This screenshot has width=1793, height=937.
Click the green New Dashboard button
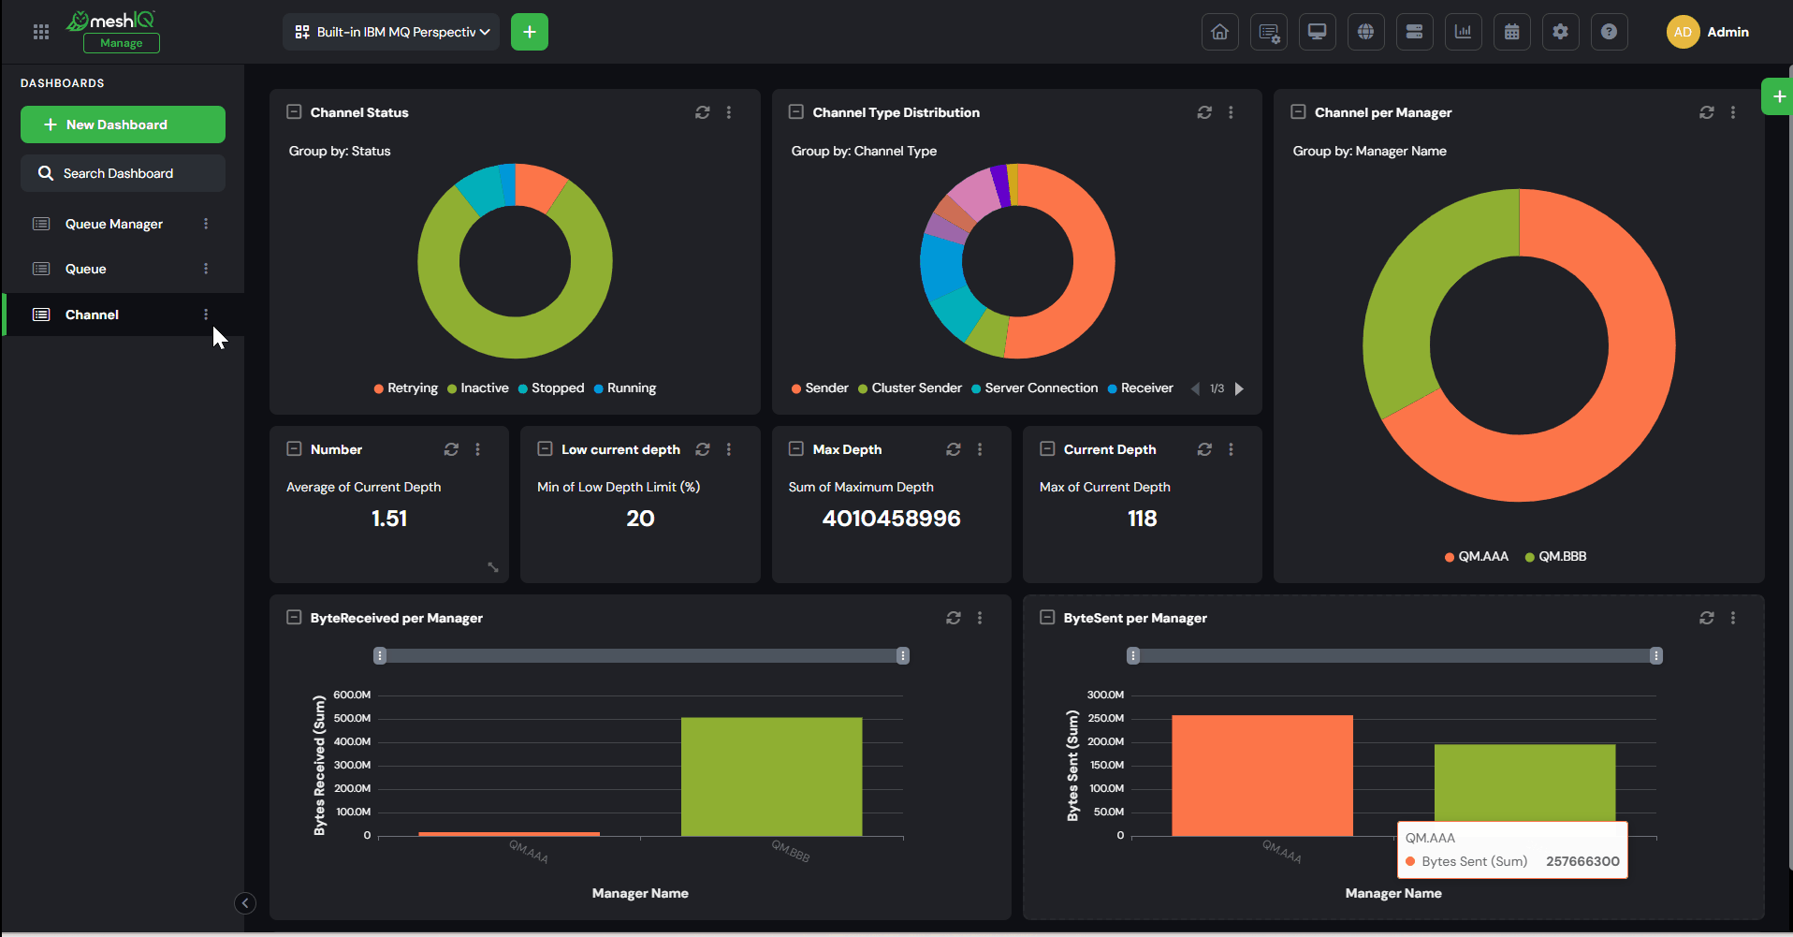(x=123, y=124)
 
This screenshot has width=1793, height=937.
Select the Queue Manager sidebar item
(x=114, y=224)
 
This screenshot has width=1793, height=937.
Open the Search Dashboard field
(x=123, y=173)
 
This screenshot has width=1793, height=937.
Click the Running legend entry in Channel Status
(x=625, y=388)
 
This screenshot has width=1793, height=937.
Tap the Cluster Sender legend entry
(x=910, y=388)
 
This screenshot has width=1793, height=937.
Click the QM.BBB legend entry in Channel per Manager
(x=1555, y=557)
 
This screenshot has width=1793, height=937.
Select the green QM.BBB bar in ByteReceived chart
(x=771, y=777)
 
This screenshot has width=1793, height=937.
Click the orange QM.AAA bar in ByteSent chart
(x=1261, y=776)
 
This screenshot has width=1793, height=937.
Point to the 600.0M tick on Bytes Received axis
(x=352, y=695)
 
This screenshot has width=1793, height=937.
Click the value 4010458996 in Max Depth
(x=891, y=519)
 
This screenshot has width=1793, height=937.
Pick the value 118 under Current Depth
(x=1142, y=519)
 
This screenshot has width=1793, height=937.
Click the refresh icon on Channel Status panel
(x=703, y=112)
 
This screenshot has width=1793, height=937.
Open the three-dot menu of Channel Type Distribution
(x=1231, y=112)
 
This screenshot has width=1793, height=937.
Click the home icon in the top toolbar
(x=1220, y=32)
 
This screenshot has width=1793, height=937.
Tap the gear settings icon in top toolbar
(x=1560, y=32)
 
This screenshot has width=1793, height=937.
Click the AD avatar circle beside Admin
(x=1683, y=32)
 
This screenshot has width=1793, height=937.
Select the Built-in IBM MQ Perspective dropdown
(x=391, y=32)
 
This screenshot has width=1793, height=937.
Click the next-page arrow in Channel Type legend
(x=1239, y=388)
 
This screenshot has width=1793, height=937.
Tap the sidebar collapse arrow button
(x=245, y=903)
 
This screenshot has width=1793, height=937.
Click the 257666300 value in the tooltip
(x=1582, y=862)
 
